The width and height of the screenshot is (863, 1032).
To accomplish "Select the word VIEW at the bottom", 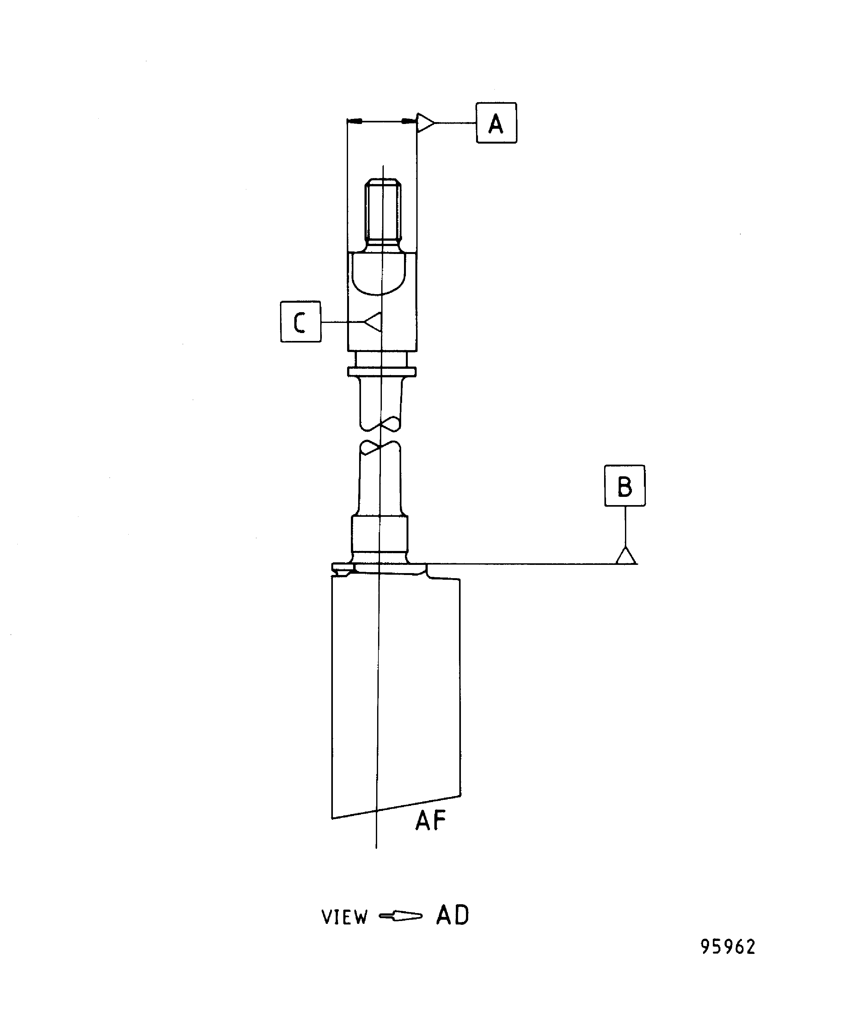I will [344, 917].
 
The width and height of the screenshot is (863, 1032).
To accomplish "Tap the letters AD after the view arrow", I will [452, 915].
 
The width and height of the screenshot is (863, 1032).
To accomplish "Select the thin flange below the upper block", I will [382, 372].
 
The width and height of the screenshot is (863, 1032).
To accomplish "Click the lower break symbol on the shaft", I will [381, 447].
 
